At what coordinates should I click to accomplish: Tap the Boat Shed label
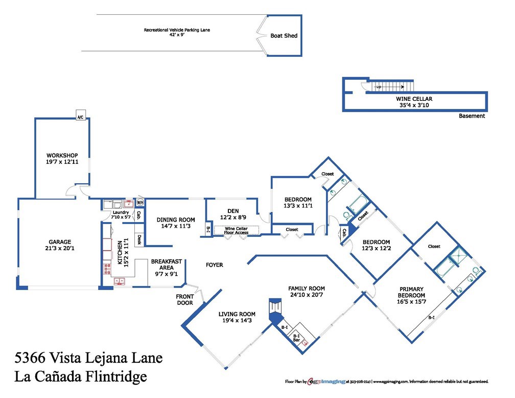click(x=284, y=36)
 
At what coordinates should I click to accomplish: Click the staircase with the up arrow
click(x=391, y=87)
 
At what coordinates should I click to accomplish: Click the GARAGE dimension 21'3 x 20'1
click(x=60, y=249)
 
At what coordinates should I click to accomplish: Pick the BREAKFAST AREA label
click(x=166, y=264)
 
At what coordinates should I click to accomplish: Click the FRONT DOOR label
click(x=184, y=299)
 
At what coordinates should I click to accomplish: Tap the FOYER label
click(x=214, y=265)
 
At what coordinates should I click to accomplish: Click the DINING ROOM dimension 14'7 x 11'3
click(x=176, y=226)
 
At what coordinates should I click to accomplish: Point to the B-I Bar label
click(x=296, y=338)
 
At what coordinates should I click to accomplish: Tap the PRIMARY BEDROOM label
click(x=412, y=292)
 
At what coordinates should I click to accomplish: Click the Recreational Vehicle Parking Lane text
click(x=177, y=30)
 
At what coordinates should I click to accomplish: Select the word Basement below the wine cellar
click(x=472, y=116)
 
